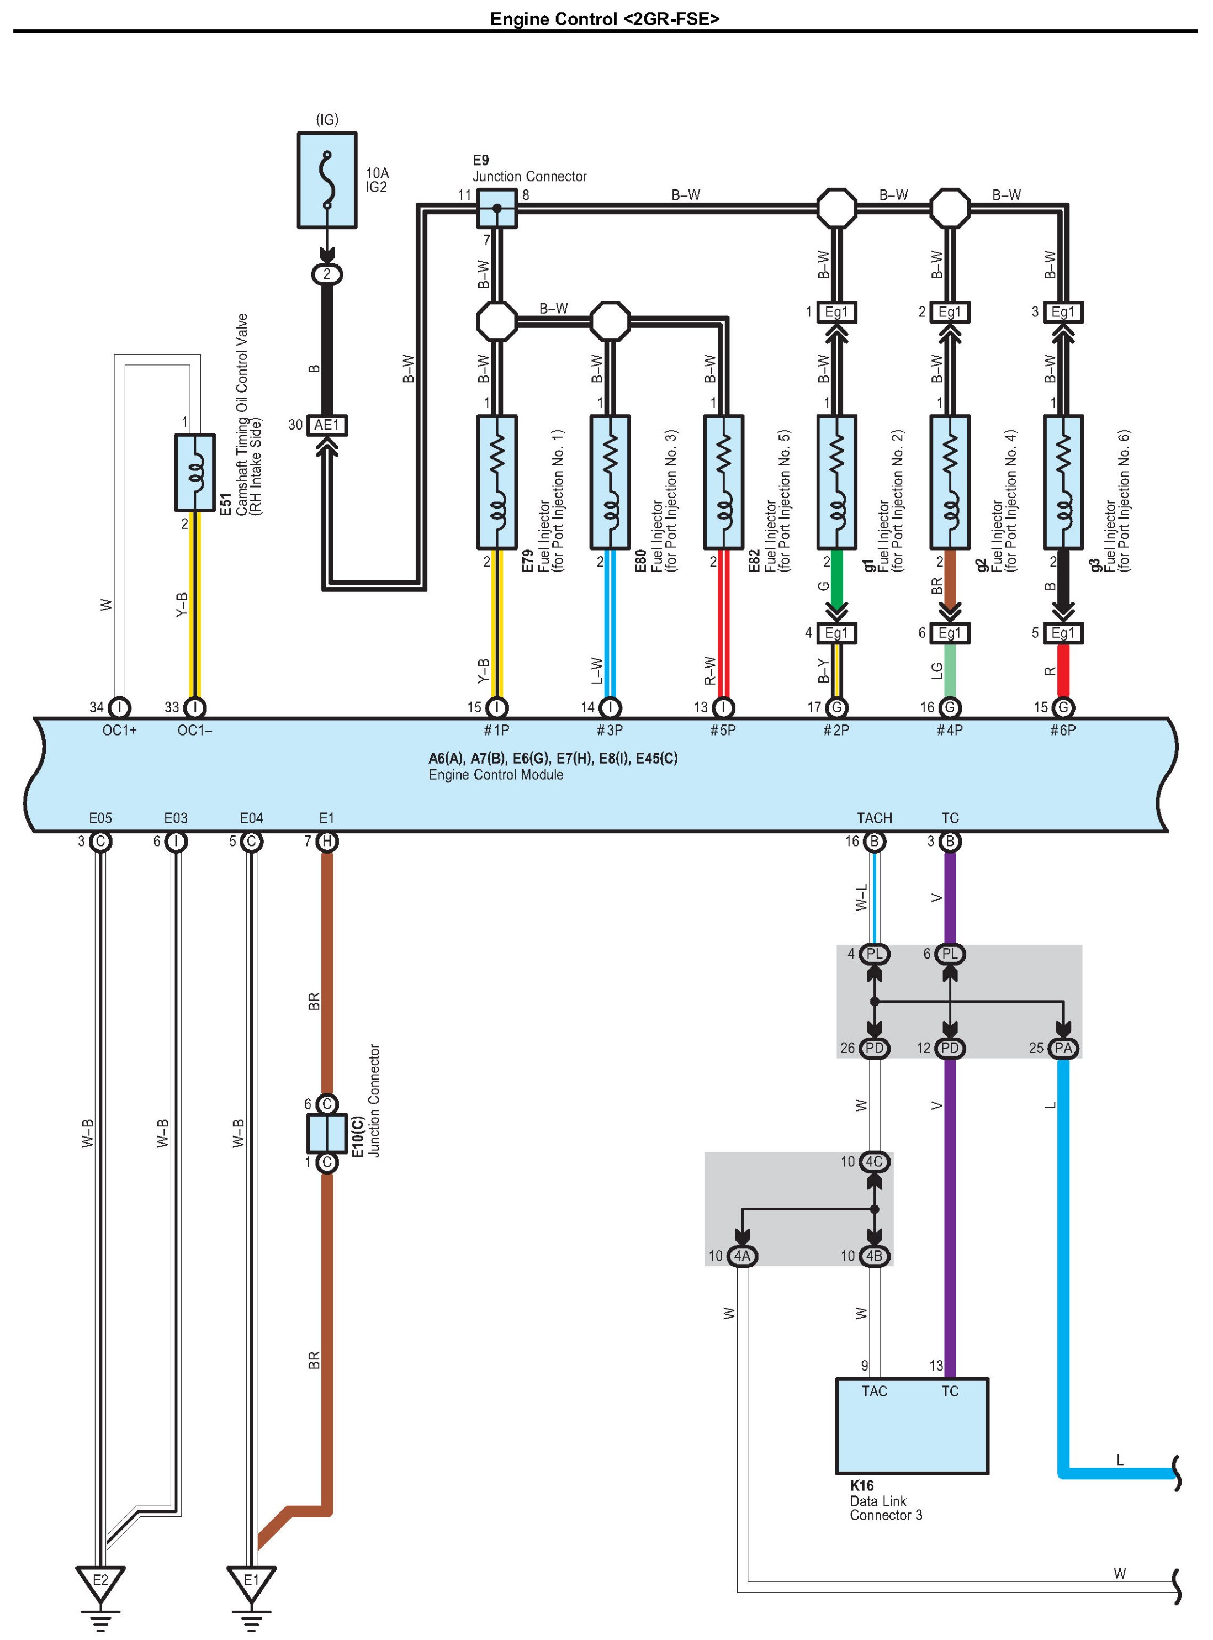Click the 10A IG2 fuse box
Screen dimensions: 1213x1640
point(327,180)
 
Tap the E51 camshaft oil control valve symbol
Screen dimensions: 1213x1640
point(194,472)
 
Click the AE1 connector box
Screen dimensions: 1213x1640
point(327,425)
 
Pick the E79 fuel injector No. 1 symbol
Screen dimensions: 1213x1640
point(496,482)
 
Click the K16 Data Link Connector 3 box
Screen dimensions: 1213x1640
point(912,1426)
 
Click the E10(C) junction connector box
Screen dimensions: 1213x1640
point(327,1133)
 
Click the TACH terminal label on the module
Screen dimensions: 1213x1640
point(874,818)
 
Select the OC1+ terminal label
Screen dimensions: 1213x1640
point(119,730)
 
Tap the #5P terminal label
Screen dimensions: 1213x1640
point(723,730)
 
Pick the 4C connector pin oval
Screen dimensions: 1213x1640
point(874,1161)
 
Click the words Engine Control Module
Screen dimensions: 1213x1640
point(496,775)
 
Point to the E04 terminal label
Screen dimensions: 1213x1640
point(251,818)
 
